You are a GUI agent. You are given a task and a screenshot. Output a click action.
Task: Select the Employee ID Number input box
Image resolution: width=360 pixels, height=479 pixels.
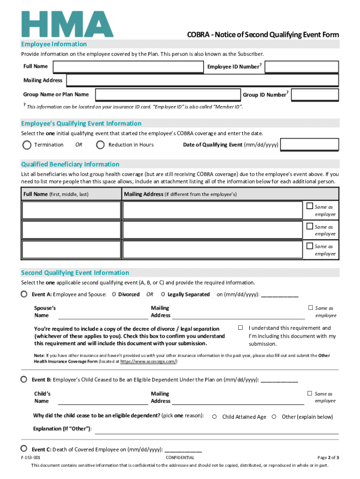click(x=302, y=67)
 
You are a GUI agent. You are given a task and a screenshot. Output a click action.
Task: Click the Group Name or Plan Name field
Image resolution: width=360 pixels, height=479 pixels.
click(x=166, y=94)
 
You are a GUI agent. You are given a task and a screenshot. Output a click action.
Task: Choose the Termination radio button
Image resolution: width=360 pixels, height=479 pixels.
click(x=27, y=145)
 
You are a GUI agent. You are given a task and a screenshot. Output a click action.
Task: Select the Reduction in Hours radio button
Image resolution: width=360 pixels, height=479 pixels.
click(x=100, y=145)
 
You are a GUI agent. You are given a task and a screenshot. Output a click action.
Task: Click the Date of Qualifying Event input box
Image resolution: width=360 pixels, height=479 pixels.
click(x=310, y=145)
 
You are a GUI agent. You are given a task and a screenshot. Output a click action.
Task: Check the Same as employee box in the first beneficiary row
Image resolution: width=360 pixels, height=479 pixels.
click(x=310, y=206)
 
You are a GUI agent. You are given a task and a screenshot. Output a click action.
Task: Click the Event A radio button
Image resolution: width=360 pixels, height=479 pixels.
click(x=24, y=294)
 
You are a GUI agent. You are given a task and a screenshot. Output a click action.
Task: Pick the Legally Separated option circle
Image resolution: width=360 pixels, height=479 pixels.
click(x=163, y=295)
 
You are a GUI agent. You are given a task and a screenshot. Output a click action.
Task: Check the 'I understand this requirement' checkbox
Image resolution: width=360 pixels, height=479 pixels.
click(x=240, y=327)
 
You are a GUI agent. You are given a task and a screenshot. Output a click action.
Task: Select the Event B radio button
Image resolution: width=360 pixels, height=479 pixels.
click(x=24, y=379)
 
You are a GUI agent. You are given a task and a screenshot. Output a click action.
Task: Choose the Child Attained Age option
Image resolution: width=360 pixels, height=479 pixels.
click(x=215, y=417)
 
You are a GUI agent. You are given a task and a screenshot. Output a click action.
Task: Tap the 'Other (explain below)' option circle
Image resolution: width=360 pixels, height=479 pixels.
click(x=274, y=417)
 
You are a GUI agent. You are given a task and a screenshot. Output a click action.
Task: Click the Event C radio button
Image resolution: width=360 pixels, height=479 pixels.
click(x=24, y=449)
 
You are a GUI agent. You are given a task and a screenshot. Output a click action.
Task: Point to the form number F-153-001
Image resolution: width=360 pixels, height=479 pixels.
click(x=30, y=457)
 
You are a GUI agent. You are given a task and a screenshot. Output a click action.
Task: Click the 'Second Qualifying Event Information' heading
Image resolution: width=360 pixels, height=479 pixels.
click(x=75, y=273)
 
